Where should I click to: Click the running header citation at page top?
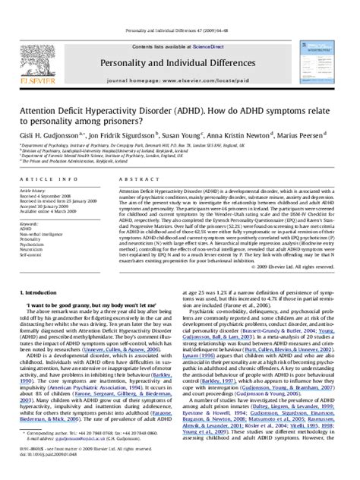[x=179, y=7]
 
